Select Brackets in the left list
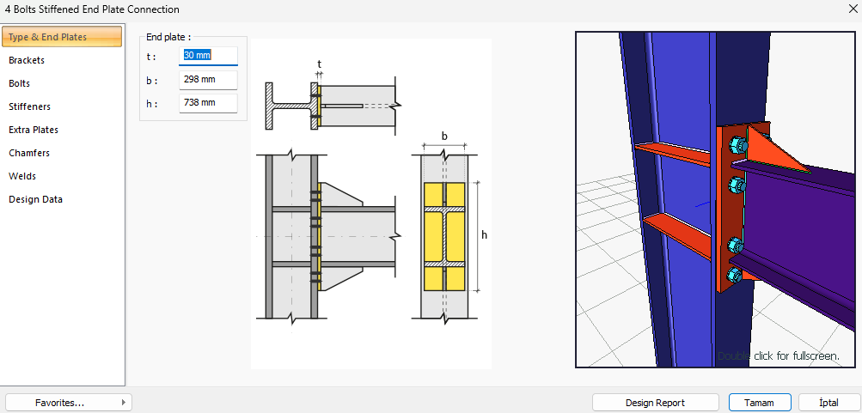click(27, 60)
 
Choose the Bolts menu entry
click(19, 83)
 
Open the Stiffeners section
click(30, 106)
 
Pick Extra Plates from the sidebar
click(34, 131)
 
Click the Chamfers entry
click(29, 153)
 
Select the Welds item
click(22, 176)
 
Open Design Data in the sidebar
click(36, 199)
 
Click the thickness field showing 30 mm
click(208, 56)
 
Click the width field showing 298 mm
click(208, 80)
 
